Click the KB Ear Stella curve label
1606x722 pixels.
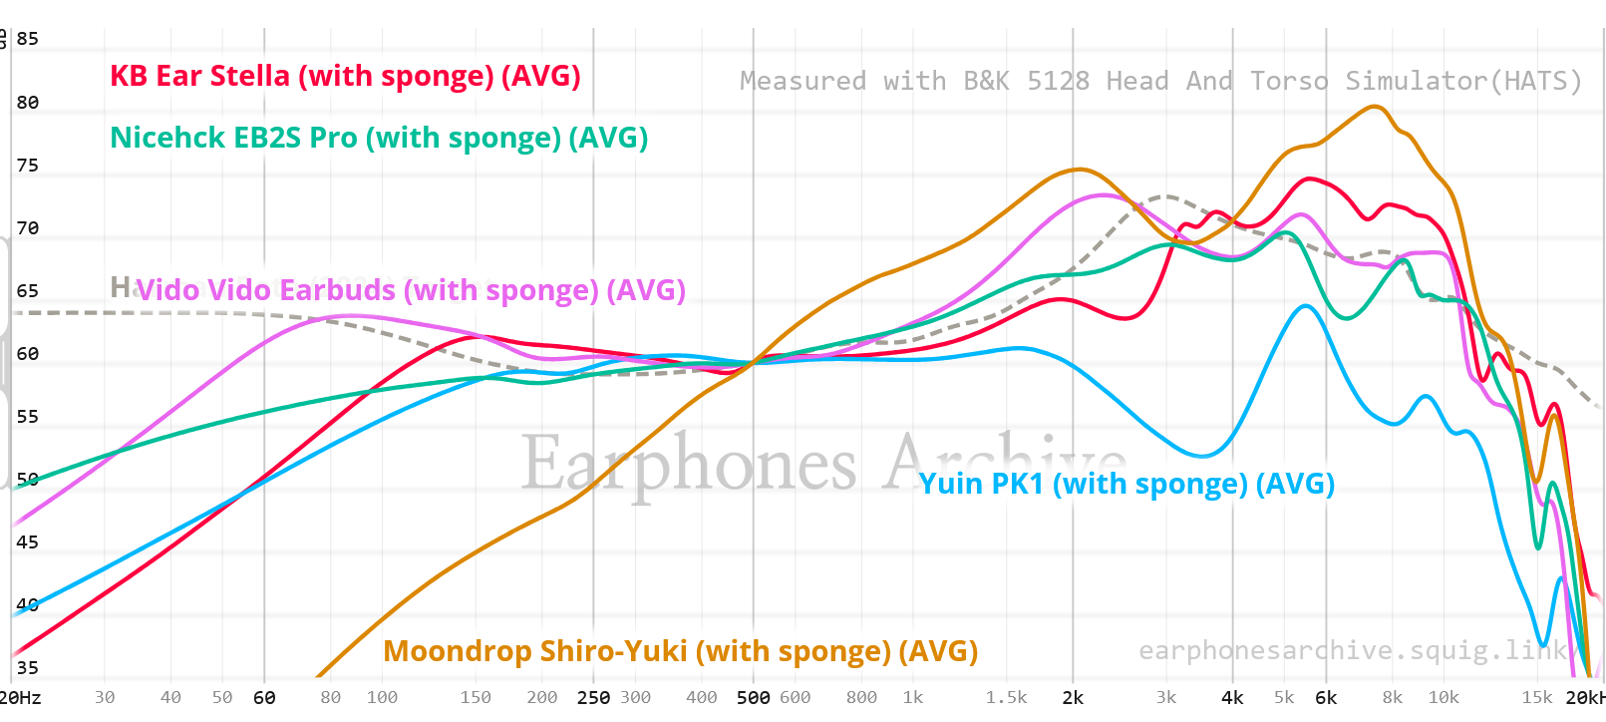click(x=345, y=77)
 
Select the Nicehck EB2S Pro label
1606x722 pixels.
click(x=379, y=139)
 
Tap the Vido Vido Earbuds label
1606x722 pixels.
click(x=411, y=290)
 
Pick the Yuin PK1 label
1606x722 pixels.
click(x=1126, y=484)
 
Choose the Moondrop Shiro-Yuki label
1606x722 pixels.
click(x=680, y=651)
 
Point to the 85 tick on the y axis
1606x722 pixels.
click(x=28, y=39)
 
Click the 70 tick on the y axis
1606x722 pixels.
click(x=28, y=228)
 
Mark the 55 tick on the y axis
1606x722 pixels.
click(x=28, y=417)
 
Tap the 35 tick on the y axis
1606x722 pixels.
click(x=28, y=668)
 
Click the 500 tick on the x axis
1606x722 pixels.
click(x=753, y=698)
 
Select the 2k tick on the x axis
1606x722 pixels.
click(x=1073, y=698)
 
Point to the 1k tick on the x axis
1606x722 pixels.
click(x=913, y=698)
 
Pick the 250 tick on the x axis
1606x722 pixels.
click(x=593, y=698)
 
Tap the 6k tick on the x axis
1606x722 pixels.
click(x=1326, y=698)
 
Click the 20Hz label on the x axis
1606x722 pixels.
click(x=20, y=698)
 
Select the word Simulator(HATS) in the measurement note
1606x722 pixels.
click(x=1462, y=81)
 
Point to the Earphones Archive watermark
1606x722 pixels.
click(x=822, y=464)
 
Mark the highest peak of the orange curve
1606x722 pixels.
click(x=1374, y=106)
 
